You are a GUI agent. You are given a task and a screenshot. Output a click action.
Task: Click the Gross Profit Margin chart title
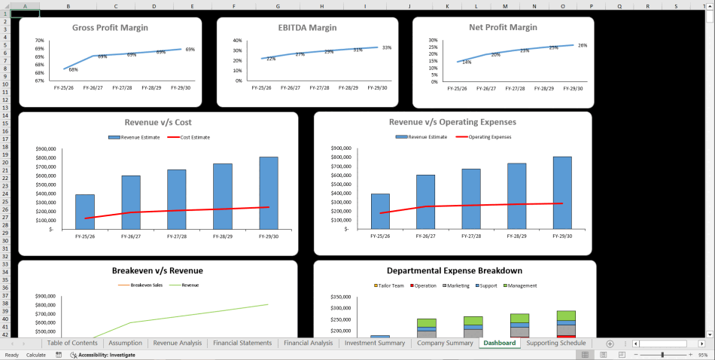tap(110, 28)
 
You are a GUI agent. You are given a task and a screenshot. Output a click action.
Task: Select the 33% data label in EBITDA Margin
tap(387, 47)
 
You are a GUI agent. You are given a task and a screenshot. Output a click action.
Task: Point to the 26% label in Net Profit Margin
tap(583, 45)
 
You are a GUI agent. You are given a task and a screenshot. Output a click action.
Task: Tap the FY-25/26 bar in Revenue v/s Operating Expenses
tap(381, 211)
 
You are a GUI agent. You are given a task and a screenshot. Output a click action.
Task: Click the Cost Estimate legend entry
tap(188, 137)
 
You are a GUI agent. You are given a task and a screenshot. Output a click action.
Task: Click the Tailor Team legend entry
tap(390, 285)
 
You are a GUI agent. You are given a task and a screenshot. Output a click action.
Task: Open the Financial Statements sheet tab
tap(242, 343)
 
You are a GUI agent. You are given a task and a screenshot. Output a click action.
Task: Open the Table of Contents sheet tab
tap(72, 343)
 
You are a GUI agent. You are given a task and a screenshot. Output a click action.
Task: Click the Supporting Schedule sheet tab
tap(555, 343)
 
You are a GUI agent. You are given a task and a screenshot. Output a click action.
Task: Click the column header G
tap(278, 6)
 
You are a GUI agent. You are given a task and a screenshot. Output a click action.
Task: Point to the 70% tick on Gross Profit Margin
tap(39, 41)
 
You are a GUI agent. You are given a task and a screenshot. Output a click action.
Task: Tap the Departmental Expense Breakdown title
tap(455, 271)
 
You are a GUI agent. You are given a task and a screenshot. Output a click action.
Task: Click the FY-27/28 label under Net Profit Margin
tap(516, 88)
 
